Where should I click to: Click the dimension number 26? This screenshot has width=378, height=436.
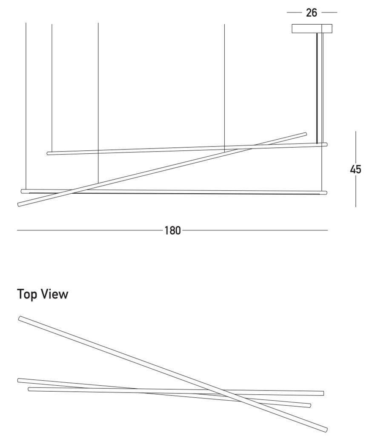click(x=312, y=13)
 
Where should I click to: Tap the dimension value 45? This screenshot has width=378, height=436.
click(x=355, y=169)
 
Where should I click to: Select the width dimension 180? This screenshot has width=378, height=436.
click(x=172, y=230)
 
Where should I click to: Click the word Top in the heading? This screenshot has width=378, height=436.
click(x=27, y=294)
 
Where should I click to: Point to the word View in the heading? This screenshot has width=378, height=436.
click(x=54, y=294)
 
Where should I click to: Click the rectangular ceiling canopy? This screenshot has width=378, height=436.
click(x=312, y=29)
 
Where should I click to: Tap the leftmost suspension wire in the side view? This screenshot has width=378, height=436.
click(x=26, y=106)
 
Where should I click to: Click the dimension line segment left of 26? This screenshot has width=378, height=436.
click(x=294, y=13)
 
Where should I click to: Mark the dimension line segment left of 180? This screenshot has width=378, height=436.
click(x=89, y=230)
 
